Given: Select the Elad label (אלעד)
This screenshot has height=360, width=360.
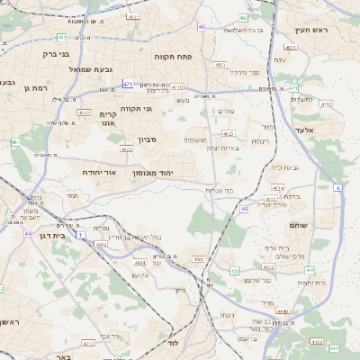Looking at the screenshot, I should [x=328, y=130].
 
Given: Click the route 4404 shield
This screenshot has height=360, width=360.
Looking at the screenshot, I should [x=139, y=262].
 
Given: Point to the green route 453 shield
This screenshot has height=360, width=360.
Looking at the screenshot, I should [x=235, y=270].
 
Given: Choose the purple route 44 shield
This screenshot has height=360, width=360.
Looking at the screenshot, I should [x=28, y=232].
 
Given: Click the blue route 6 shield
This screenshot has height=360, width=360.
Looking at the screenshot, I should [x=337, y=187].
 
